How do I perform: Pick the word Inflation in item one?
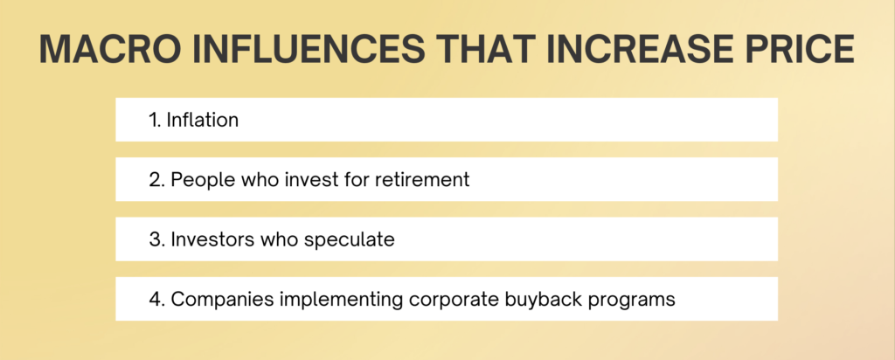(202, 120)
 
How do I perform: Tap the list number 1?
(154, 121)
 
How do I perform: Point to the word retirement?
(422, 180)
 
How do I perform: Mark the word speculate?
(350, 240)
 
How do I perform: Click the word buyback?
(544, 300)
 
